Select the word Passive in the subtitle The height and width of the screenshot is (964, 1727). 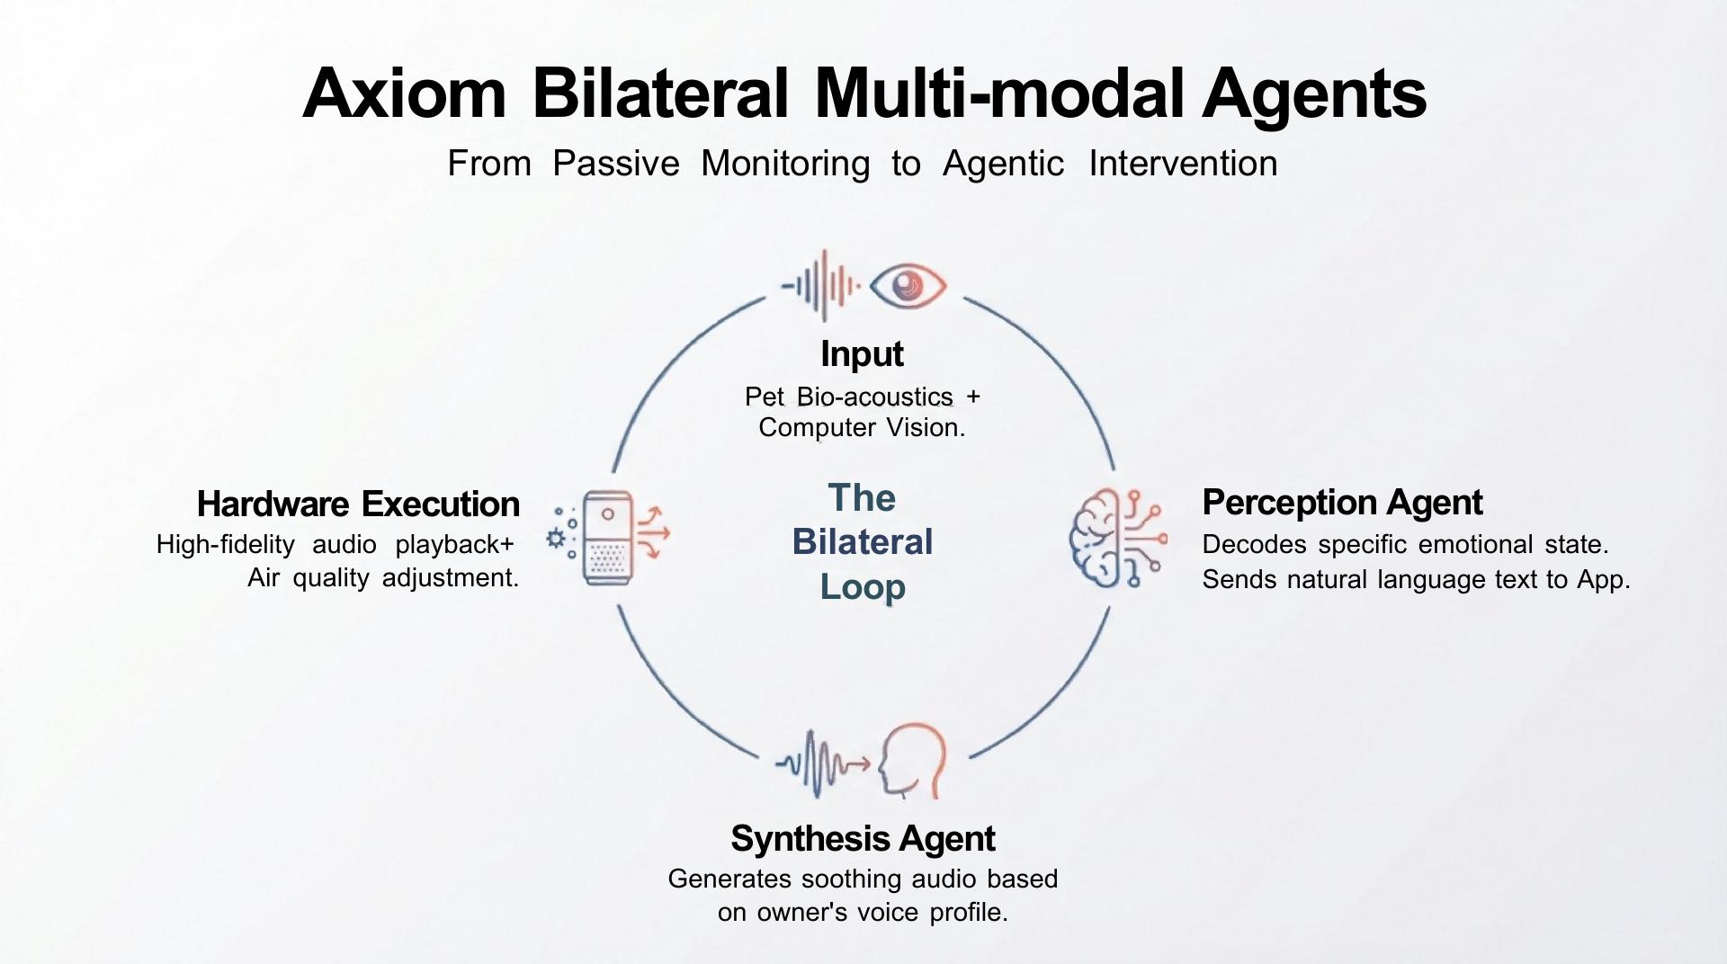click(616, 164)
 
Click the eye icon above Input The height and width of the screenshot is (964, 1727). click(908, 286)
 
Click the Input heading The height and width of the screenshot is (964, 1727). click(862, 354)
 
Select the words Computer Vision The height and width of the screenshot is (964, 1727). click(861, 427)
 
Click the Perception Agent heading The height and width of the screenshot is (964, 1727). click(1342, 503)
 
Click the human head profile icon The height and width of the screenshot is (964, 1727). click(912, 763)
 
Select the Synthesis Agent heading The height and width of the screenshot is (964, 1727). click(863, 839)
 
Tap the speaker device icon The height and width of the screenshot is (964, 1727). click(608, 538)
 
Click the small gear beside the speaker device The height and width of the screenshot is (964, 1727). click(556, 539)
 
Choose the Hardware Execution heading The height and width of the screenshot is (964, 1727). click(358, 504)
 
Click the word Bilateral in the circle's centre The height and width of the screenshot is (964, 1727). click(863, 542)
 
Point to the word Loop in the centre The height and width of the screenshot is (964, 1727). click(863, 587)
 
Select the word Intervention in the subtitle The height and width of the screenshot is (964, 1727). click(1183, 164)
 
